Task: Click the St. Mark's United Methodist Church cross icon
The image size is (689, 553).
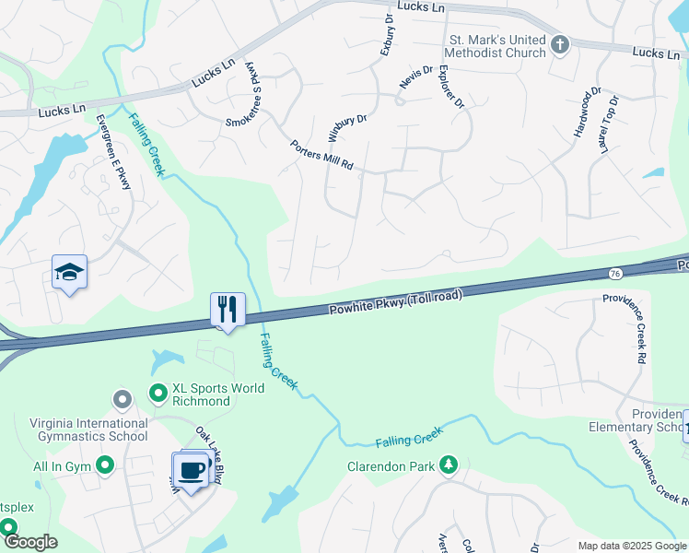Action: point(559,43)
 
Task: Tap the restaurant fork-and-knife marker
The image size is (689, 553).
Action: point(227,308)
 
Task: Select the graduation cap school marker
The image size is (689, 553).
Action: point(69,272)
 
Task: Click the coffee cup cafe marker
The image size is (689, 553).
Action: point(192,470)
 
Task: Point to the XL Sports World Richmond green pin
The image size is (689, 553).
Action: point(158,394)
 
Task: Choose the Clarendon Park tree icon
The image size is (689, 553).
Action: point(449,465)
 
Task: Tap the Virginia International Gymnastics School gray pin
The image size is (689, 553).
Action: point(122,399)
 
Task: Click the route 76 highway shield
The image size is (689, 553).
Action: point(614,273)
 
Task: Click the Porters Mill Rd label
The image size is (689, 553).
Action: point(321,156)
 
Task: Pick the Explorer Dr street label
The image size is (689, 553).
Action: point(450,87)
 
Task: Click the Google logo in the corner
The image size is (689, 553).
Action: point(29,541)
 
